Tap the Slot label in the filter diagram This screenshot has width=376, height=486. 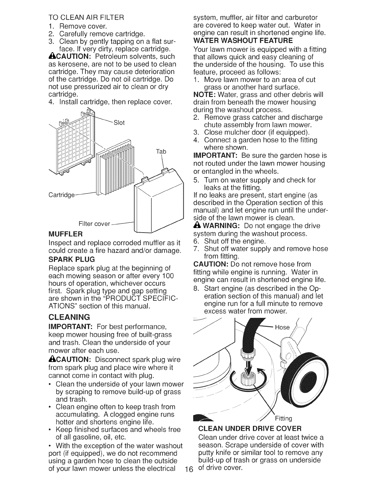pos(119,123)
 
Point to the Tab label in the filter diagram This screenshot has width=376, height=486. pos(161,152)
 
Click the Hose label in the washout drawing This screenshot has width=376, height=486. pos(282,327)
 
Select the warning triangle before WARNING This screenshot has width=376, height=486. pos(196,226)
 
